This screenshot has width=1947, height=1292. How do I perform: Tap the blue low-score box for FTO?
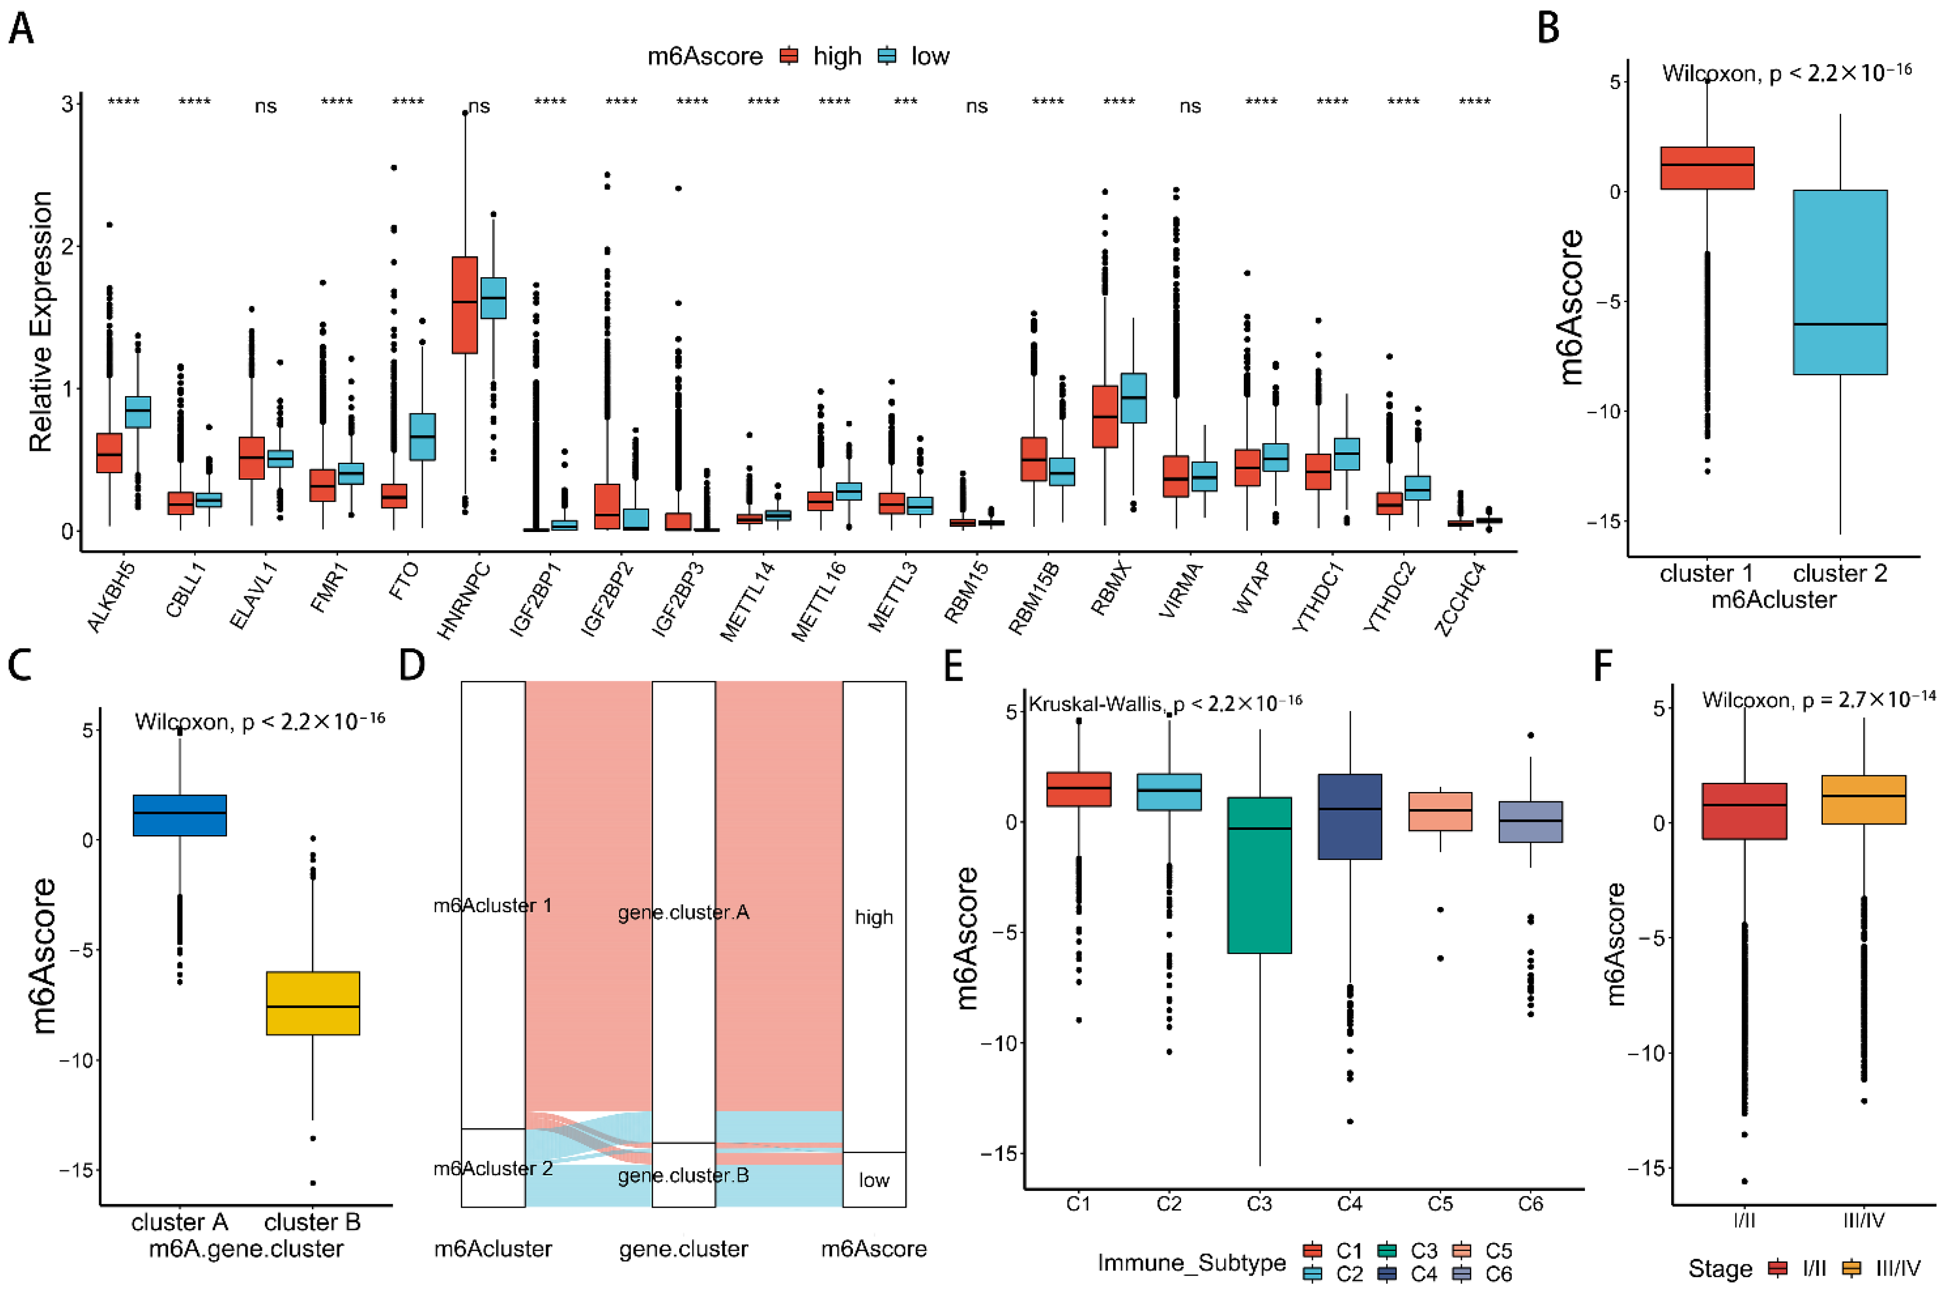[x=422, y=437]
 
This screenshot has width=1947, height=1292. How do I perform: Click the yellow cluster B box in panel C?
[x=313, y=1003]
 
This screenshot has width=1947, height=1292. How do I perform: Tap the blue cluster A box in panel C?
[x=180, y=815]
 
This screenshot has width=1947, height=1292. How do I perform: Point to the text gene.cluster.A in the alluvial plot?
[x=683, y=912]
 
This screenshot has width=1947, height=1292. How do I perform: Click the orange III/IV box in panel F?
[x=1864, y=799]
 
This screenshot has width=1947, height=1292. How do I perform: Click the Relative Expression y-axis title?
[x=40, y=321]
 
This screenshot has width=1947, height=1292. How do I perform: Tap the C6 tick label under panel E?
[x=1530, y=1204]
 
